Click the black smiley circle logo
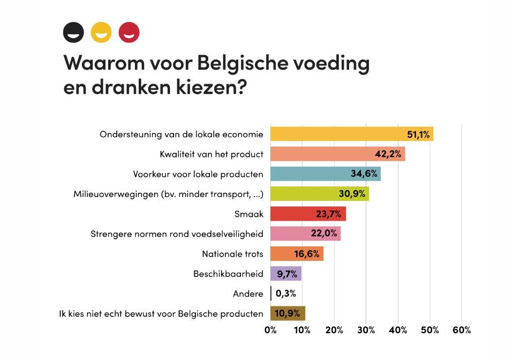pos(73,32)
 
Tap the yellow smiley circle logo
pos(101,32)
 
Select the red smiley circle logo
pos(129,32)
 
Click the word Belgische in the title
pos(242,63)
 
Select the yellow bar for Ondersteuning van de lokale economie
pos(352,134)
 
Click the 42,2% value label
pos(388,154)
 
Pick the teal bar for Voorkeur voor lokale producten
pos(326,174)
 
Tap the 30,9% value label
pos(352,194)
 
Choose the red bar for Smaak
pos(308,214)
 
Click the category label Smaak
pos(249,214)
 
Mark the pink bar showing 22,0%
pos(306,234)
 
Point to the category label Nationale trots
pos(233,254)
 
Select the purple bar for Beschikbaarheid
pos(286,273)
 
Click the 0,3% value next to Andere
pos(286,294)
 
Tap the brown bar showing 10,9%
pos(288,313)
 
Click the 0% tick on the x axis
pos(270,330)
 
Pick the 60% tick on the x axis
pos(462,330)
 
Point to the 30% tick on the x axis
pos(366,330)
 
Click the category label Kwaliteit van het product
pos(212,154)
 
